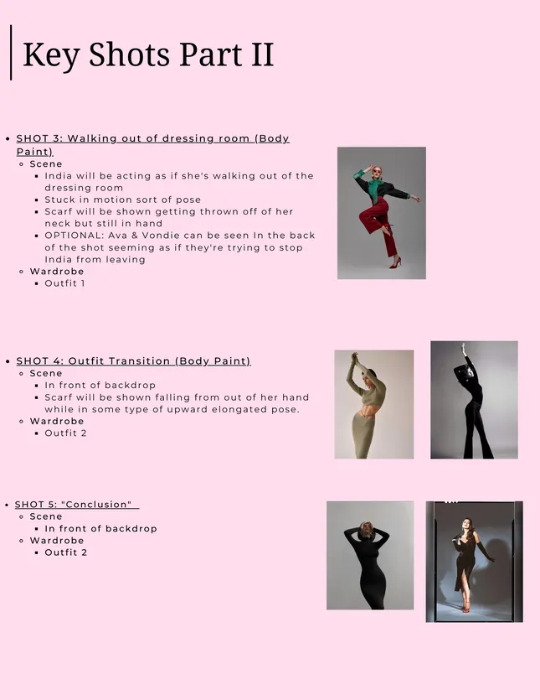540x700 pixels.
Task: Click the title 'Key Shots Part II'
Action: pyautogui.click(x=148, y=55)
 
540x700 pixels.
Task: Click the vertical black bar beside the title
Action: pyautogui.click(x=11, y=53)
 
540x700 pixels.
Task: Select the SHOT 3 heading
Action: pyautogui.click(x=153, y=145)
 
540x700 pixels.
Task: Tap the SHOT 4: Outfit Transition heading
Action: pyautogui.click(x=133, y=360)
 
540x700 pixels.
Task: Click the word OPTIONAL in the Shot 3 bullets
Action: pyautogui.click(x=74, y=236)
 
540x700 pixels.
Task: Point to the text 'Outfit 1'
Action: pyautogui.click(x=64, y=283)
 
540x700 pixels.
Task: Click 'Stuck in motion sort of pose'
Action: pyautogui.click(x=122, y=200)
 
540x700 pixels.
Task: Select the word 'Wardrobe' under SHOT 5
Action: pyautogui.click(x=57, y=540)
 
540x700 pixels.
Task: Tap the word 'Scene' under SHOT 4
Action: pyautogui.click(x=46, y=373)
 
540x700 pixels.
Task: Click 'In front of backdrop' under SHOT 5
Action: pyautogui.click(x=100, y=529)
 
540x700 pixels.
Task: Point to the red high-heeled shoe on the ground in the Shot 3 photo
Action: pyautogui.click(x=395, y=263)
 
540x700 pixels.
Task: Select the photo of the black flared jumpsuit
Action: pyautogui.click(x=474, y=400)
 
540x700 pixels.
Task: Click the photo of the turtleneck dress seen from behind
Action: pyautogui.click(x=370, y=555)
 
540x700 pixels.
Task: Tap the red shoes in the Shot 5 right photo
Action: pyautogui.click(x=466, y=607)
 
